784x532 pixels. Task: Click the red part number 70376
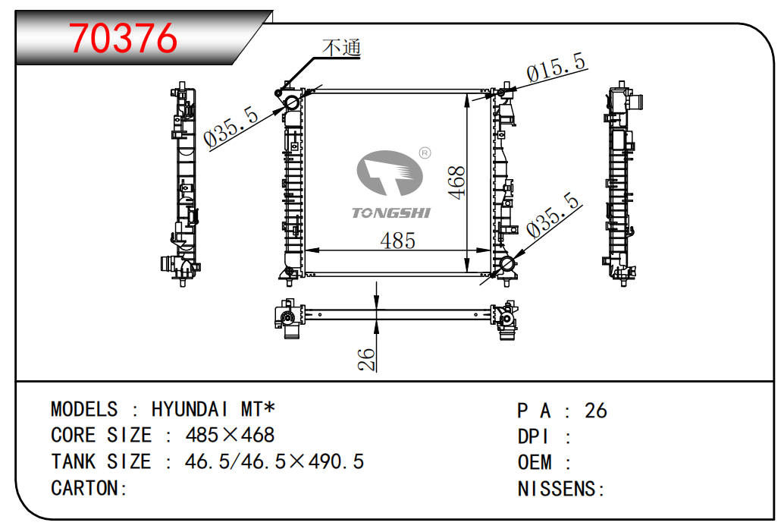click(123, 38)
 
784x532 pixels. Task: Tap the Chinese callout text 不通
click(341, 48)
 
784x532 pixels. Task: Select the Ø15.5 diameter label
click(556, 67)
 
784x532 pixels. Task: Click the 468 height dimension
click(456, 183)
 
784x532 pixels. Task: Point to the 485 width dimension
click(397, 241)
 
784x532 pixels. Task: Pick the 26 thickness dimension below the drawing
click(366, 359)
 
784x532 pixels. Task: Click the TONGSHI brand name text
click(390, 213)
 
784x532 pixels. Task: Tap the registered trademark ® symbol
click(425, 153)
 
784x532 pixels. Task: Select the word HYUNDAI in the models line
click(190, 409)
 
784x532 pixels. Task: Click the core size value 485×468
click(230, 435)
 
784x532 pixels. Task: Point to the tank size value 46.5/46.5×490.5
click(274, 461)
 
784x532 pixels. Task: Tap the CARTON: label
click(89, 488)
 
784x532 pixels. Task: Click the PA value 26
click(595, 411)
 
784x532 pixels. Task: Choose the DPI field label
click(533, 437)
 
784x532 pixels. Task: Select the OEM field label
click(535, 462)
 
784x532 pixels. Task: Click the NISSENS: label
click(561, 489)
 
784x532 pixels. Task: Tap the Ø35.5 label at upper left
click(231, 127)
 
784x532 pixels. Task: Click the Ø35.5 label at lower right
click(553, 214)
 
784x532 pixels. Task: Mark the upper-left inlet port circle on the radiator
click(291, 103)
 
